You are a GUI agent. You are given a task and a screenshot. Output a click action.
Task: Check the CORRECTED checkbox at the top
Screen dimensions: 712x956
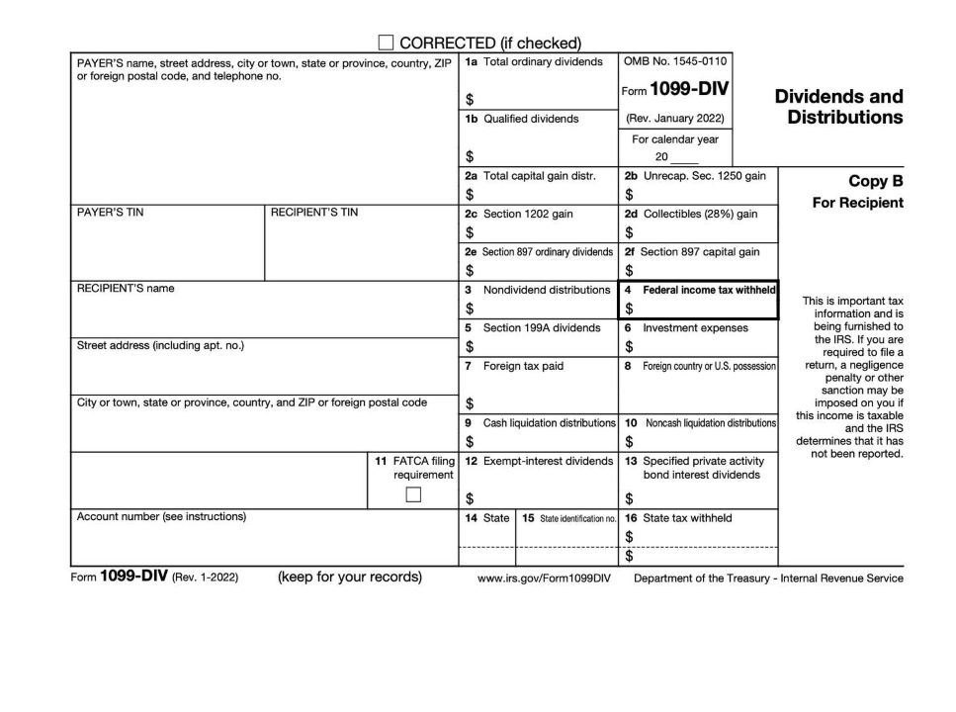tap(387, 43)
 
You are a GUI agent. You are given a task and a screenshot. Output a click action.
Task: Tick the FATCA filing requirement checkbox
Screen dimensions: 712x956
tap(414, 495)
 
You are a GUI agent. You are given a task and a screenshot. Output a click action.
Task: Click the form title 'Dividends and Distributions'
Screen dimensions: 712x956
tap(838, 107)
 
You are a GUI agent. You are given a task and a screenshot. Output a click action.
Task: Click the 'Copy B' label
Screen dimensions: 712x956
tap(876, 181)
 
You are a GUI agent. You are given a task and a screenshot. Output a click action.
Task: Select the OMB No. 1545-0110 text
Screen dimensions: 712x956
tap(676, 61)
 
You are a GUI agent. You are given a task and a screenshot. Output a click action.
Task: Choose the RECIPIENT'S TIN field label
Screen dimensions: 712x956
tap(314, 213)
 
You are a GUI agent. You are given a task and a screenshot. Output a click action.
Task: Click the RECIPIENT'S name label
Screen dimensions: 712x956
tap(125, 289)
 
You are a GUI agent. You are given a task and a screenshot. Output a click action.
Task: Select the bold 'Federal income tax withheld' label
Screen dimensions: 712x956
tap(709, 290)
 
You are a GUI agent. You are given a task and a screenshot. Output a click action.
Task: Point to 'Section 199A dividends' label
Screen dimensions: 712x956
tap(541, 327)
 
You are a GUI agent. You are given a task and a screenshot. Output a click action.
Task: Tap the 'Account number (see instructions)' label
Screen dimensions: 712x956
tap(161, 516)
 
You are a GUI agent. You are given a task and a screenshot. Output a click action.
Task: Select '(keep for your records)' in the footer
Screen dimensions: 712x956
tap(349, 578)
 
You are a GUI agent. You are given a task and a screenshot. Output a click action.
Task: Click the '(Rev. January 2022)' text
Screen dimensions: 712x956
tap(675, 118)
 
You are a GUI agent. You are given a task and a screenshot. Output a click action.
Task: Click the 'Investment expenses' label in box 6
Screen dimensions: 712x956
tap(695, 327)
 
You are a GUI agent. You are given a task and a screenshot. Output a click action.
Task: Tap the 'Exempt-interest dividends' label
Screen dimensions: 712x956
tap(548, 461)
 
